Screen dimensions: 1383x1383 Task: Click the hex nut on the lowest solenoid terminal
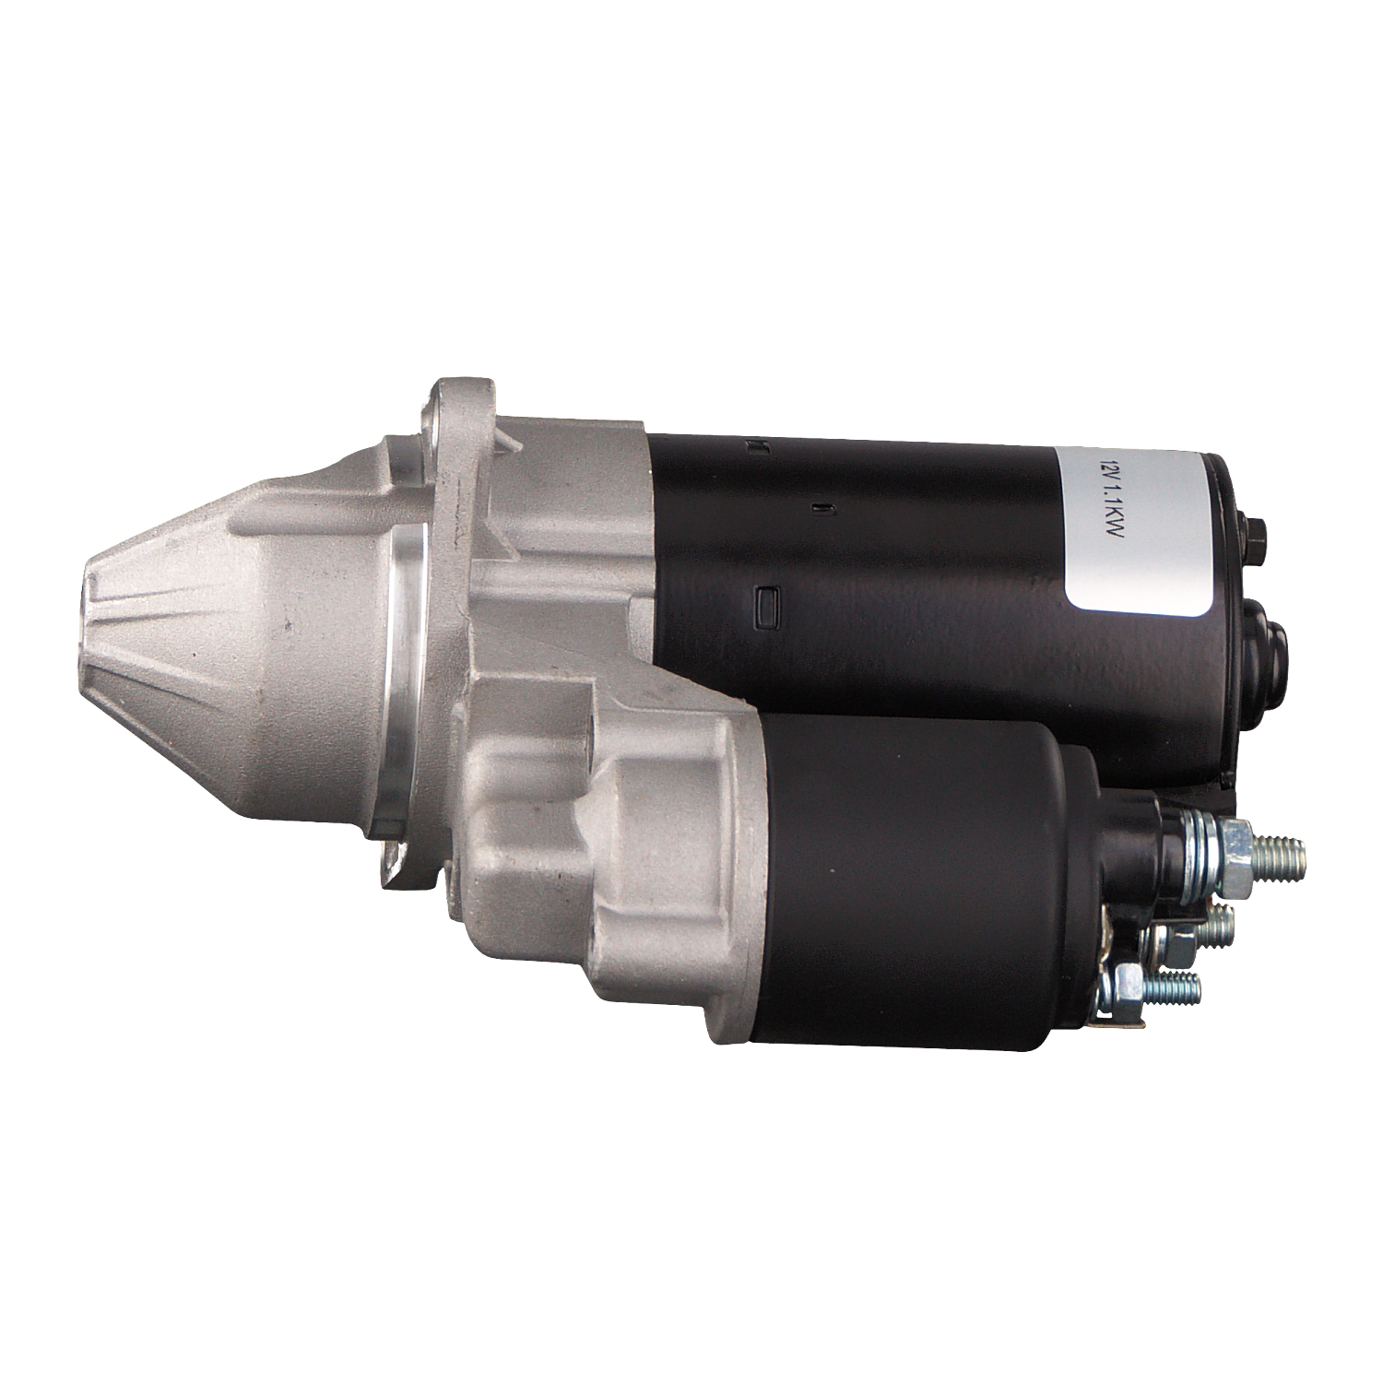[1130, 988]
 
